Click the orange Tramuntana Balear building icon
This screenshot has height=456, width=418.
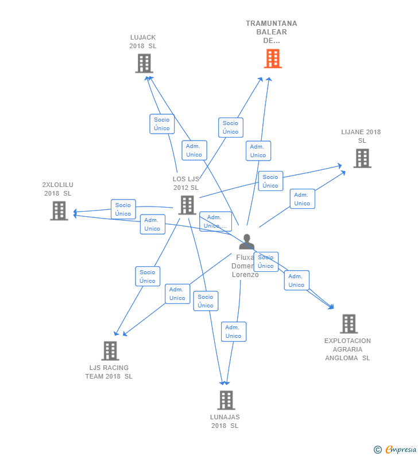273,59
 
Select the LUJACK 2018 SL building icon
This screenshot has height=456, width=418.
144,63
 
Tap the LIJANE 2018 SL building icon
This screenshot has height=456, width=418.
362,158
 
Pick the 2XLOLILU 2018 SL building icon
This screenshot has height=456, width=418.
59,211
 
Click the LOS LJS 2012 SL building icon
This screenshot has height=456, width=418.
187,205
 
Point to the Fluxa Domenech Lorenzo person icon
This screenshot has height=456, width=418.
246,243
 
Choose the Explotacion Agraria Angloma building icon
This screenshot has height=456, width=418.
349,324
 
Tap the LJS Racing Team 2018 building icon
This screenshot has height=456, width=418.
110,350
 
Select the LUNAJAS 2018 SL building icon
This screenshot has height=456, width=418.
226,400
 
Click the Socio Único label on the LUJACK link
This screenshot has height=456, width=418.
162,124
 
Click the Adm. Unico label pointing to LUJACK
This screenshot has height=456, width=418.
194,150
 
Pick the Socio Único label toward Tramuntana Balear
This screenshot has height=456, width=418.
230,127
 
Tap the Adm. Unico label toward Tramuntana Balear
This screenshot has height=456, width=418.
258,151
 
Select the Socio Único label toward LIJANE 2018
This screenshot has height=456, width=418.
270,181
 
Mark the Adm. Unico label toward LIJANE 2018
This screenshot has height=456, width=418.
302,199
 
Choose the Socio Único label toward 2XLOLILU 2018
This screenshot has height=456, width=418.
123,209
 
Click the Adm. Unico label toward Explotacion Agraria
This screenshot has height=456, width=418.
296,280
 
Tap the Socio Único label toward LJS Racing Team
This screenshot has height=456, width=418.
148,276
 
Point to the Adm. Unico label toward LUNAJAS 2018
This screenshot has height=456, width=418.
233,332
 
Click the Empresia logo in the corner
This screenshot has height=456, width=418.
395,450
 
